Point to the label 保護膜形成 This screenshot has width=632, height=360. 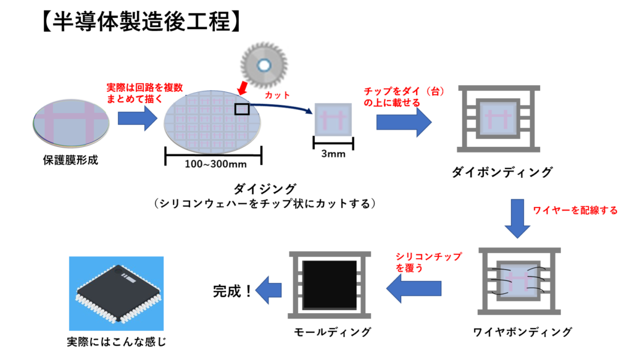tap(70, 160)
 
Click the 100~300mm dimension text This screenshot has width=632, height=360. tap(213, 165)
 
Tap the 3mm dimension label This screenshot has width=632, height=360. tap(334, 154)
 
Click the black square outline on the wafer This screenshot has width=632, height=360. tap(242, 109)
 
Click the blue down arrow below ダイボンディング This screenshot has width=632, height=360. tap(517, 219)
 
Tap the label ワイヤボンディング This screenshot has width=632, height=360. tap(522, 332)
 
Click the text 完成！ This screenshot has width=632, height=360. tap(233, 290)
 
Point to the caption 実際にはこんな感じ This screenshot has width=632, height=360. tap(116, 341)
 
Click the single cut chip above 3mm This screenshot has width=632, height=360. tap(334, 120)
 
